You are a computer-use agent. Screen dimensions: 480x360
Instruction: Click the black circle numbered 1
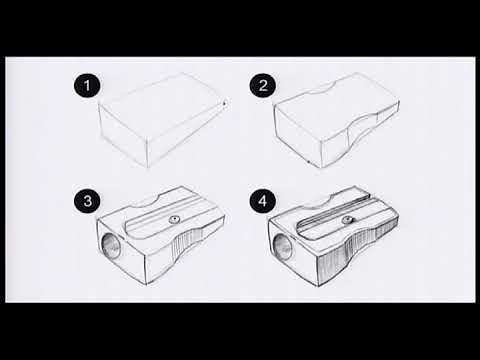click(x=87, y=85)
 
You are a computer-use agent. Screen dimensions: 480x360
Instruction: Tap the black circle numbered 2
click(x=263, y=85)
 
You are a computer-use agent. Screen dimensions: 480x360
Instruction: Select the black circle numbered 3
click(x=87, y=201)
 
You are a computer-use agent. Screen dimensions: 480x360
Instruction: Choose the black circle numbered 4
click(x=263, y=201)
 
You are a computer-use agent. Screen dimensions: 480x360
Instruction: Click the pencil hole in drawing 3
click(x=111, y=246)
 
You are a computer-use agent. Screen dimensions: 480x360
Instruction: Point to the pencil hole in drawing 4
click(x=283, y=247)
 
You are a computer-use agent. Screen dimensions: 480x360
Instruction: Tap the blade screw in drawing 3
click(x=174, y=219)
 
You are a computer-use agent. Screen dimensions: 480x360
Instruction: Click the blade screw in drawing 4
click(x=348, y=220)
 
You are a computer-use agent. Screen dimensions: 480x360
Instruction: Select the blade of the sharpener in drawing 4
click(x=343, y=217)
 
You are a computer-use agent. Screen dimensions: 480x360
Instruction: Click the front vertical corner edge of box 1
click(x=147, y=153)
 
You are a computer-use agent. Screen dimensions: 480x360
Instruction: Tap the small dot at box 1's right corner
click(x=224, y=103)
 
